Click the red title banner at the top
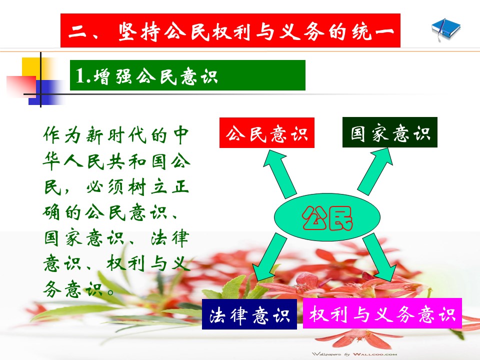tap(230, 30)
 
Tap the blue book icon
tap(445, 29)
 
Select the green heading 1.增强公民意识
tap(187, 75)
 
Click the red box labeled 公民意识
tap(267, 132)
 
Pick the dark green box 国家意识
tap(389, 132)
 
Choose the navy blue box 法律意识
tap(249, 314)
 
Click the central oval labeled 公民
tap(327, 216)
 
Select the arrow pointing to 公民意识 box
tap(279, 173)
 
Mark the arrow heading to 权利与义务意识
tap(379, 257)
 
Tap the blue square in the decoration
tap(46, 92)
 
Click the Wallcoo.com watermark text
tap(354, 354)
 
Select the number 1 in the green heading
tap(80, 75)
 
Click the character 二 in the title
tap(77, 31)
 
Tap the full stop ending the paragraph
tap(111, 291)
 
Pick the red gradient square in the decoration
tap(21, 86)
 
